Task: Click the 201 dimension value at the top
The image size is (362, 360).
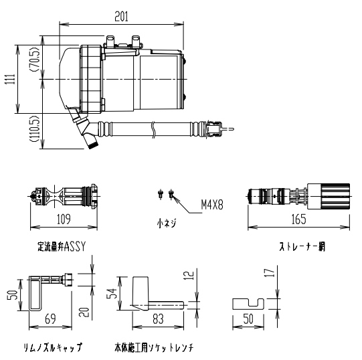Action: coord(121,17)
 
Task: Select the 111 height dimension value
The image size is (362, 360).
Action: coord(10,79)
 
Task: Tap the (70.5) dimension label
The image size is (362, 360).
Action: coord(35,60)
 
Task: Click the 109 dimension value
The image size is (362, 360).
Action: coord(64,219)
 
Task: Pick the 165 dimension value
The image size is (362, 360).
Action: coord(298,219)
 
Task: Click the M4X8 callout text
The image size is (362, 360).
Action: coord(212,205)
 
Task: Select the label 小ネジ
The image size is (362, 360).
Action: coord(167,223)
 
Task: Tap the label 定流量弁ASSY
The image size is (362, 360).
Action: coord(62,246)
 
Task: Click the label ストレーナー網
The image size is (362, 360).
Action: coord(302,246)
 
